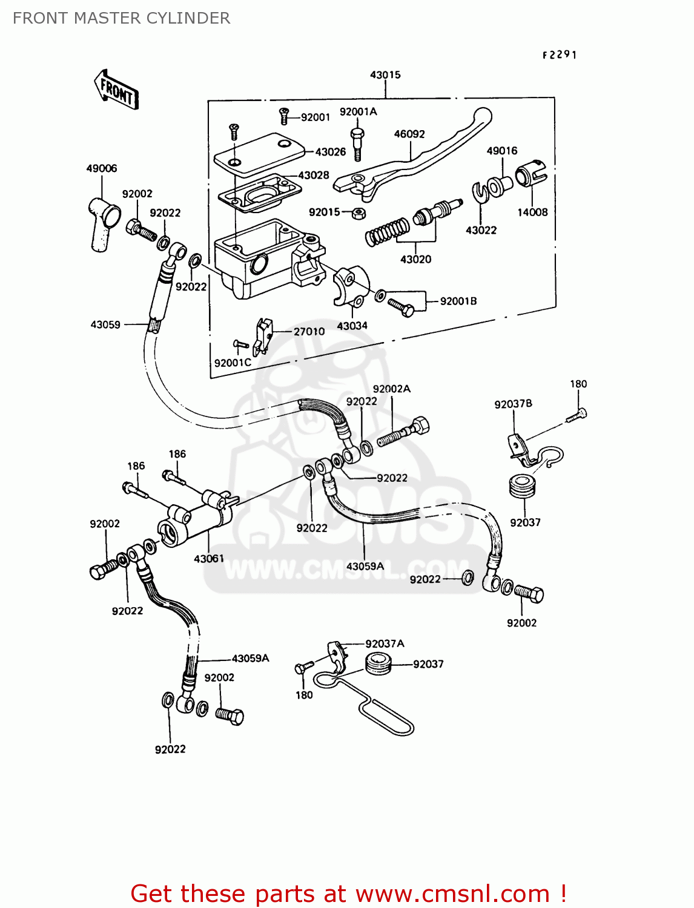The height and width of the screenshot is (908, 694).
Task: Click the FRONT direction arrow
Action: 116,90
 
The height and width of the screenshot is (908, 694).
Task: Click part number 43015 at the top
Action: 385,75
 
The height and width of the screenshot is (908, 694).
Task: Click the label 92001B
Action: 458,301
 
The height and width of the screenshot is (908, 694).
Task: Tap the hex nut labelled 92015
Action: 358,212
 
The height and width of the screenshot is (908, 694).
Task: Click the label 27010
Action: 309,332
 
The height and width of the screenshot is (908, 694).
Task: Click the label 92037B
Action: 513,404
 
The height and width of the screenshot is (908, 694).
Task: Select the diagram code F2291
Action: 559,55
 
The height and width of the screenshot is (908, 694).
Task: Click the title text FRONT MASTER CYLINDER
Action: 121,18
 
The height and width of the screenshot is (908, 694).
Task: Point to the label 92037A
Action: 385,644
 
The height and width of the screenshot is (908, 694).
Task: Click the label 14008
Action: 532,212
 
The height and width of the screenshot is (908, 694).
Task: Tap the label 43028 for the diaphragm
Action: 314,176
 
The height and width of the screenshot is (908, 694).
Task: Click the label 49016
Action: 502,151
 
